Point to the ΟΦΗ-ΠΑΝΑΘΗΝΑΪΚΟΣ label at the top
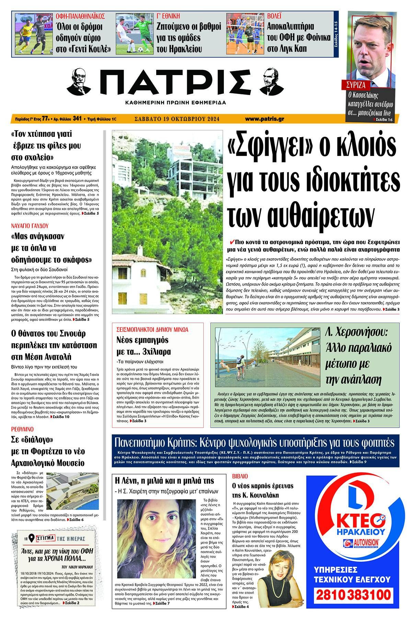[80, 16]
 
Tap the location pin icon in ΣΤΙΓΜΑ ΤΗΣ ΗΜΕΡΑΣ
[31, 537]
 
